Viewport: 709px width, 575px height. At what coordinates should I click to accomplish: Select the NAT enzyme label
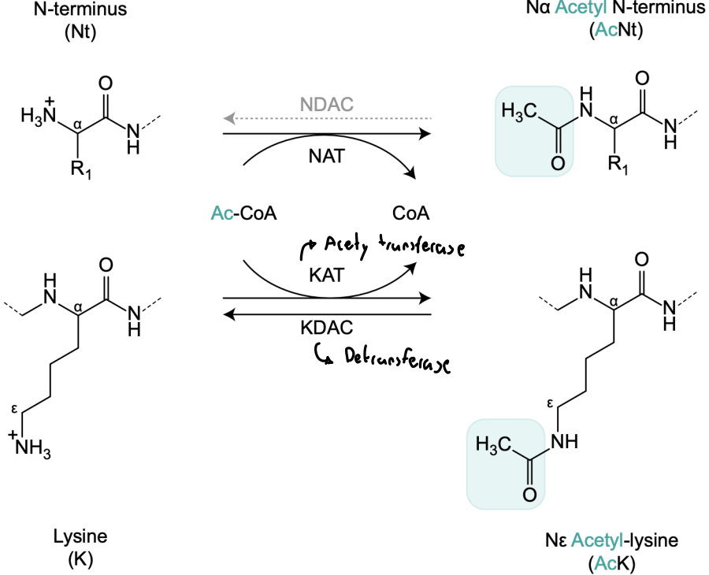tap(327, 156)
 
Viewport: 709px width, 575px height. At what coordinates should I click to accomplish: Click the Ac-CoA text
tap(244, 213)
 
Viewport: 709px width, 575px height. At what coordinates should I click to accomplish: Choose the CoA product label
tap(410, 213)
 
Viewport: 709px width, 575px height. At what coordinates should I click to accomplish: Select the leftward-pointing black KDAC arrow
tap(327, 314)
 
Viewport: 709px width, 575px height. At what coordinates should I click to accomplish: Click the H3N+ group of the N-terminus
tap(39, 117)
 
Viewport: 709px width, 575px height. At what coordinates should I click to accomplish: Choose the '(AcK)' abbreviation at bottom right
tap(613, 562)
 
